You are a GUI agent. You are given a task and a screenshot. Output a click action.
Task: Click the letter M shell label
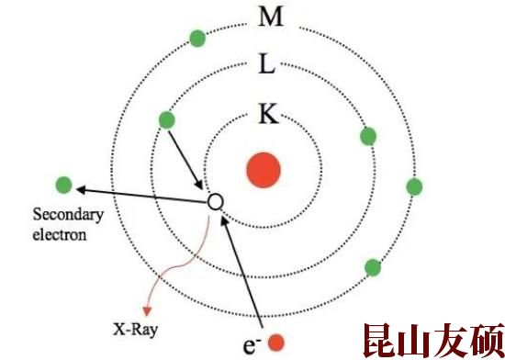270,17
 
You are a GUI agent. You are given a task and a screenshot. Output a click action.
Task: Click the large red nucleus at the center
262,169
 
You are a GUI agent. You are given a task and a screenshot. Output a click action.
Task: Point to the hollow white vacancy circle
215,199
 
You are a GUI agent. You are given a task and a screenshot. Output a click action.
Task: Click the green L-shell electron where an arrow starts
166,119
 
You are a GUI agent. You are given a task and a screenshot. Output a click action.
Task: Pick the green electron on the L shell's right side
369,136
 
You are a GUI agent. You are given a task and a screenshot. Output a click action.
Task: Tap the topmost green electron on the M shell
197,38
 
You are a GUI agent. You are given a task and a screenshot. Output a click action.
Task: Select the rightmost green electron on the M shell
414,186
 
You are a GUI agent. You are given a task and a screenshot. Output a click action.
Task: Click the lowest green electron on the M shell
373,267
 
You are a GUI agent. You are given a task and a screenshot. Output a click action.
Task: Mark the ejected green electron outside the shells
63,184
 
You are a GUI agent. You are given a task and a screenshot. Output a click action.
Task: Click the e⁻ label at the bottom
250,345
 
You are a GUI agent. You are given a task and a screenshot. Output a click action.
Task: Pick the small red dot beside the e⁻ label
276,343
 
